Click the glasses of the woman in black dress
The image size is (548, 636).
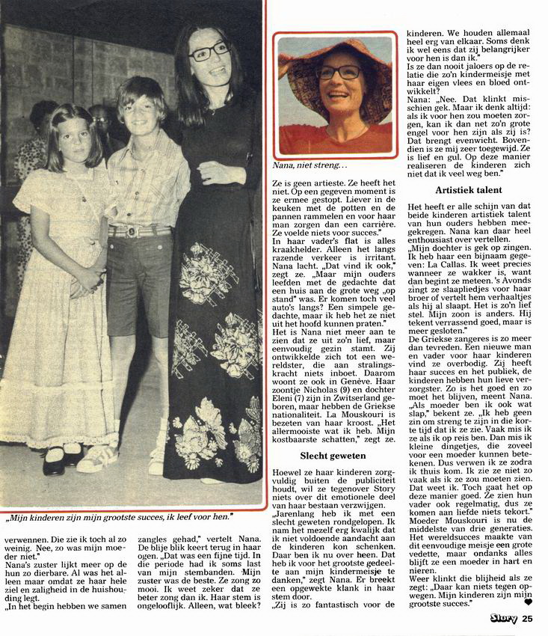209,52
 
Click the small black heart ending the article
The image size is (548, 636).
527,602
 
